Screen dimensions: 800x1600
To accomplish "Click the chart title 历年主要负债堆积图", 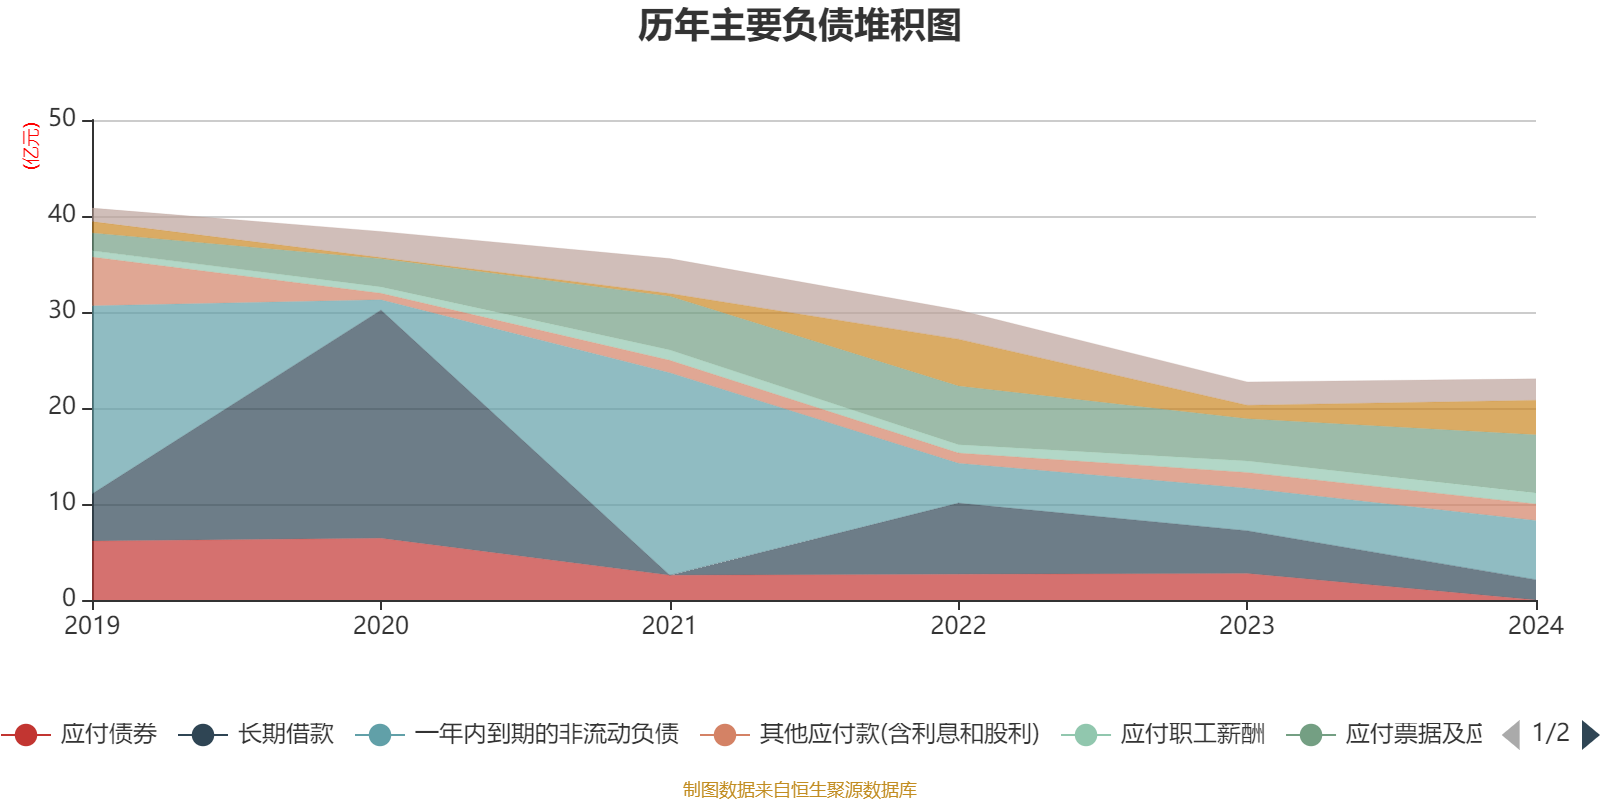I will point(800,26).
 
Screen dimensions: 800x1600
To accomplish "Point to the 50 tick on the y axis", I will point(62,119).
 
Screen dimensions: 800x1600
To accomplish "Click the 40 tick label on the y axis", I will point(62,215).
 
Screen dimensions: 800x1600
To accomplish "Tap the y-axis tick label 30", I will point(62,311).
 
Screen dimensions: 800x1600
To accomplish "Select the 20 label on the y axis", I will point(62,407).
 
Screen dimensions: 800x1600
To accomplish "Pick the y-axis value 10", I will point(62,503).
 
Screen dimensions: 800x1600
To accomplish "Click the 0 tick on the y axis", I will point(69,599).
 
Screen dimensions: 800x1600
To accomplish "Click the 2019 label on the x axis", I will point(92,626).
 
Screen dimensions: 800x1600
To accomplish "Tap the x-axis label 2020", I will point(381,626).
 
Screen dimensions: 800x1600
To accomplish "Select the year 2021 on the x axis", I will point(669,626).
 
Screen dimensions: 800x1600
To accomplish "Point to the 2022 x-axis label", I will point(958,626).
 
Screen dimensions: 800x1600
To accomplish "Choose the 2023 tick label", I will point(1246,626).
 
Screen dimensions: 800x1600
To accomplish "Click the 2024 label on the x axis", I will point(1535,626).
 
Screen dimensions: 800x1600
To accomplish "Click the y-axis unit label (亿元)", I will point(31,146).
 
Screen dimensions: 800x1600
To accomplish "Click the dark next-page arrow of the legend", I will point(1590,735).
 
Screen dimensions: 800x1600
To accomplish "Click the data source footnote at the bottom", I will point(800,790).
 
